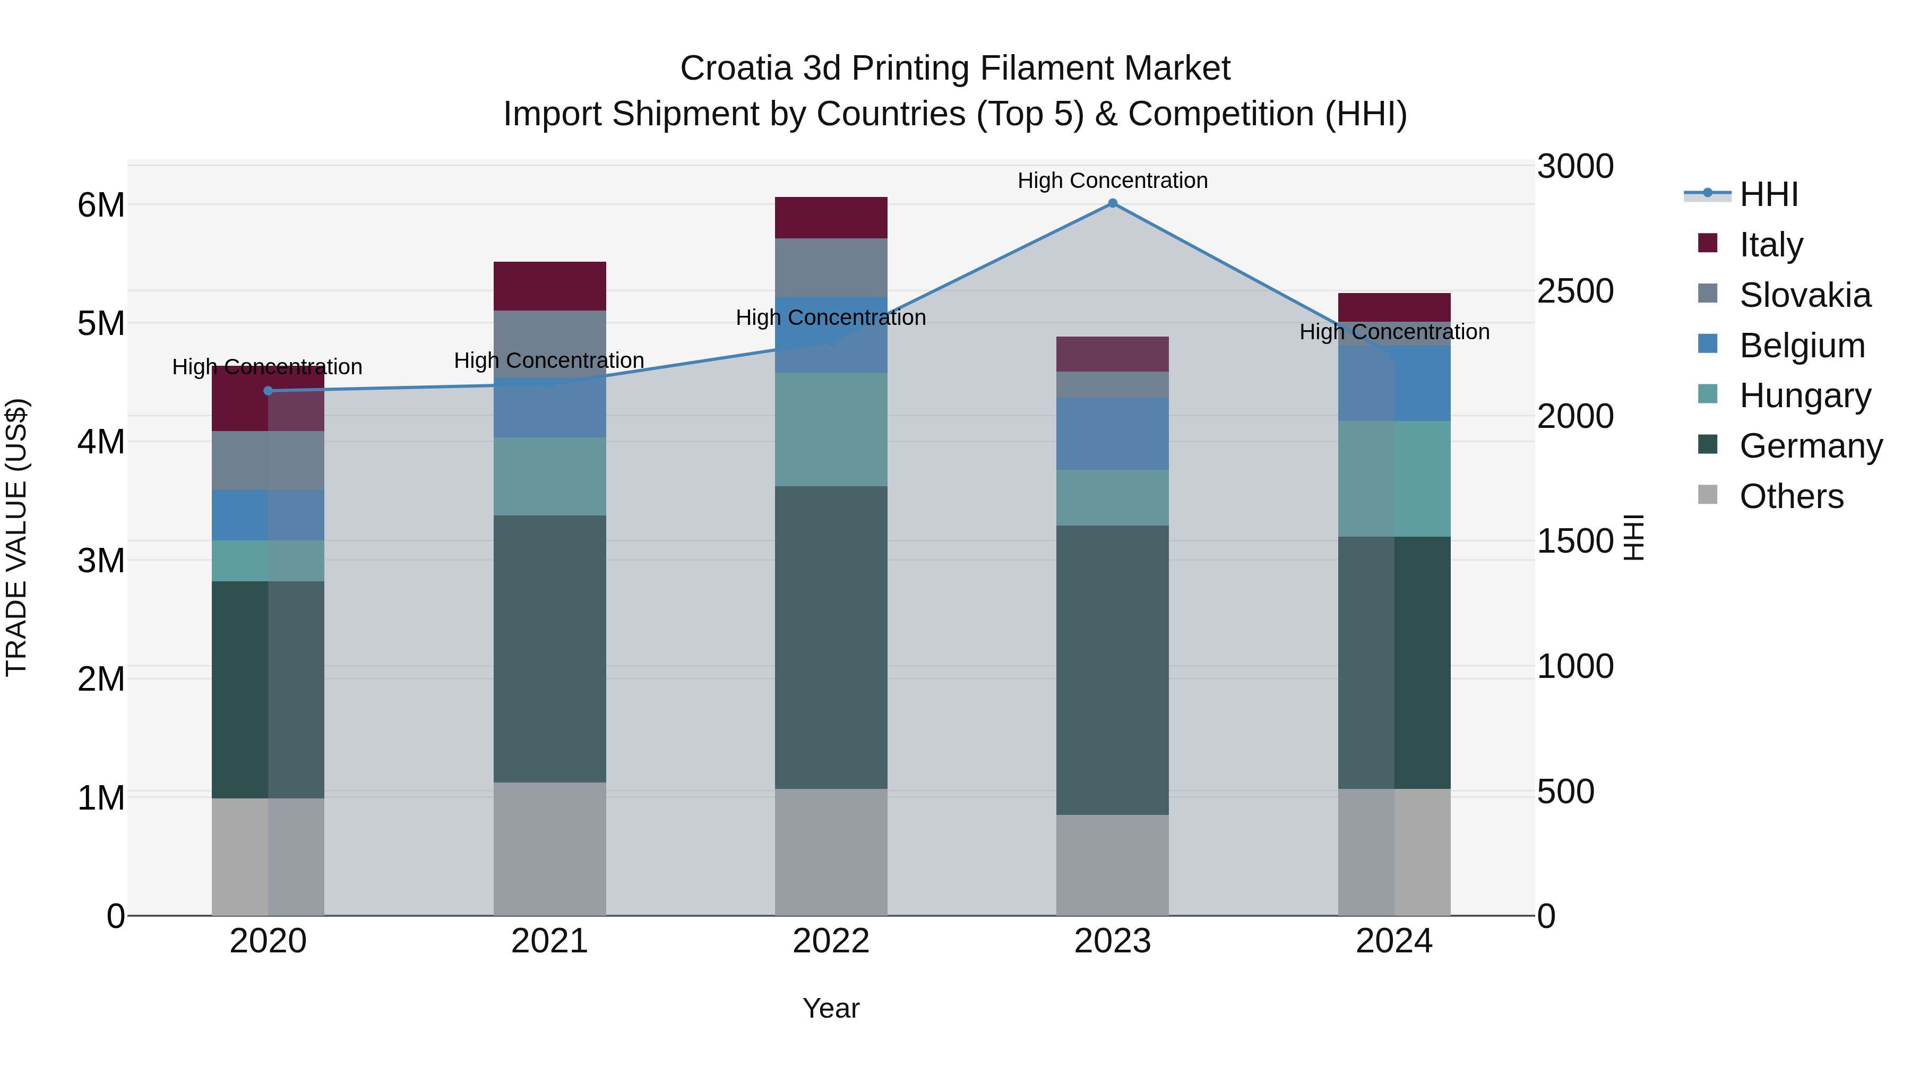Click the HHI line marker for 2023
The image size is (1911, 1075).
pyautogui.click(x=1112, y=203)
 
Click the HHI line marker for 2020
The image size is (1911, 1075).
pyautogui.click(x=268, y=391)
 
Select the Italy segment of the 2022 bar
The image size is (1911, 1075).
pyautogui.click(x=831, y=217)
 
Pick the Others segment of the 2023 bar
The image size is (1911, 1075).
pyautogui.click(x=1112, y=865)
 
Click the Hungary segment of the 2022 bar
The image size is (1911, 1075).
pyautogui.click(x=831, y=429)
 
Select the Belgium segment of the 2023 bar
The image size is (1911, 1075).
pyautogui.click(x=1112, y=433)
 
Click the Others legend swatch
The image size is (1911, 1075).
pyautogui.click(x=1708, y=495)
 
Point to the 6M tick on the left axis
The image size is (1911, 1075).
pyautogui.click(x=101, y=205)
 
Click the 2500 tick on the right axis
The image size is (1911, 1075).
pyautogui.click(x=1574, y=291)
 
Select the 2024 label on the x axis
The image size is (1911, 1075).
pyautogui.click(x=1394, y=941)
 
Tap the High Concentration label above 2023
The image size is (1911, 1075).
pyautogui.click(x=1112, y=180)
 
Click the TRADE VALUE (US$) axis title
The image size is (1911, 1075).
pyautogui.click(x=16, y=537)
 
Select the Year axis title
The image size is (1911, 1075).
pyautogui.click(x=831, y=1008)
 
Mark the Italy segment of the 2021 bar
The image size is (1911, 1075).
pyautogui.click(x=550, y=286)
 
